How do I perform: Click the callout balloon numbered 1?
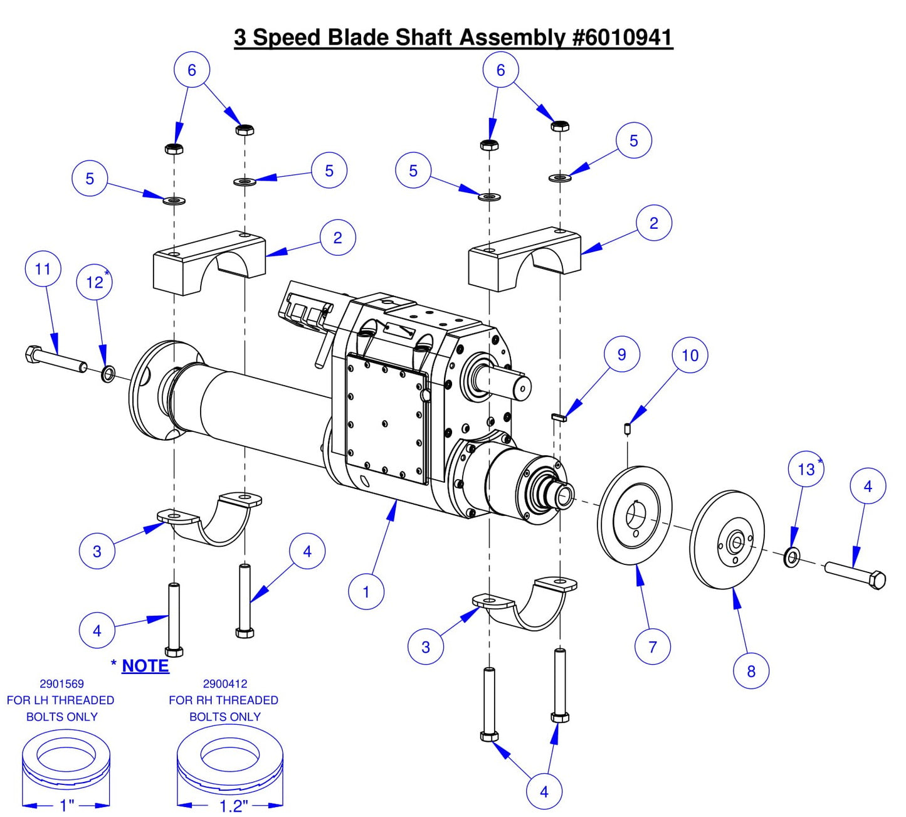(366, 591)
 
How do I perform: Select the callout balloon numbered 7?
(652, 646)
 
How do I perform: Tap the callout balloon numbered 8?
(751, 671)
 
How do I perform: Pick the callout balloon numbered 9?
(621, 354)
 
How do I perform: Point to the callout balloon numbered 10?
(690, 356)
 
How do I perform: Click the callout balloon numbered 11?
(43, 269)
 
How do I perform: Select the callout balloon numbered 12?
(95, 282)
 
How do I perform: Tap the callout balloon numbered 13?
(806, 469)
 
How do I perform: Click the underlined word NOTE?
(145, 666)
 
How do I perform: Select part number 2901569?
(61, 684)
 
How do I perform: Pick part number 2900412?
(224, 684)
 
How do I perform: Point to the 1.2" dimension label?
(233, 806)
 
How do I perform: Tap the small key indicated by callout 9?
(559, 417)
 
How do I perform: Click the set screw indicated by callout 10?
(627, 429)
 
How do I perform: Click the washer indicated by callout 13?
(791, 556)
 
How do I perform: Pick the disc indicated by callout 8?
(727, 540)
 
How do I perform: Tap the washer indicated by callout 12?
(108, 374)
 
